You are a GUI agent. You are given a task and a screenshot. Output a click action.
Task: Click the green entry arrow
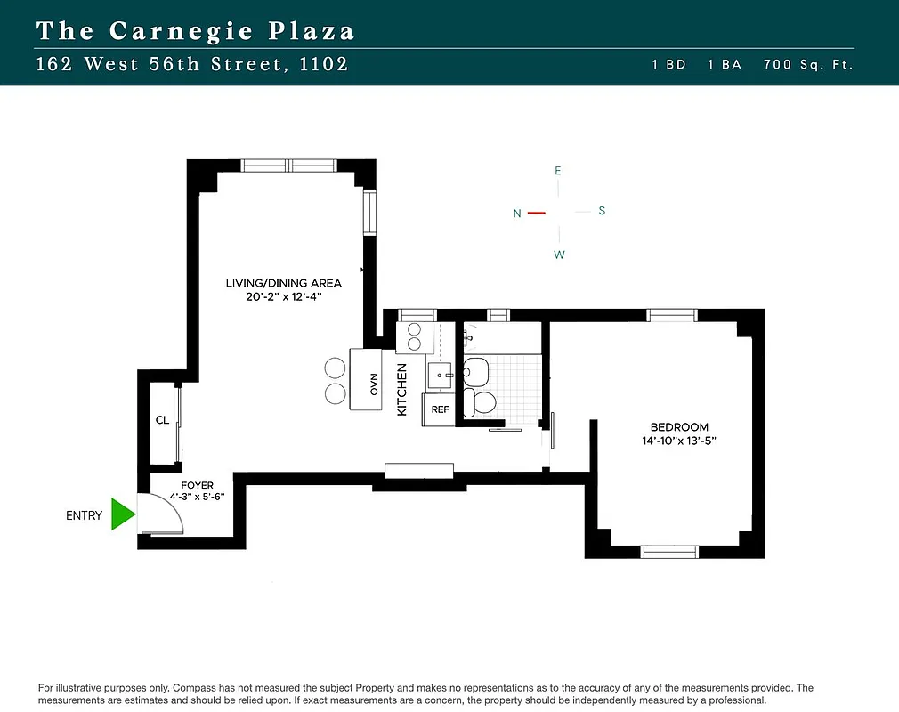(122, 514)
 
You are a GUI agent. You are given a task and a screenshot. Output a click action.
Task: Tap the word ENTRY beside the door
(85, 515)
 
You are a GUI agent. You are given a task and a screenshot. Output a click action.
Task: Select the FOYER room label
(197, 485)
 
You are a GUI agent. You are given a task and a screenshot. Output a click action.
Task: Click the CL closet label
(162, 420)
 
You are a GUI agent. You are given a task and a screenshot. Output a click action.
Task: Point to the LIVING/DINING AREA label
(283, 283)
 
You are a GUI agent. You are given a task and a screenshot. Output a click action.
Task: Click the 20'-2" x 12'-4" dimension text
(283, 297)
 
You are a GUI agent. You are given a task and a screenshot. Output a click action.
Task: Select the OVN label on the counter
(375, 384)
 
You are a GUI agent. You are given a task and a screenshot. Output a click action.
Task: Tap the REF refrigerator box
(440, 409)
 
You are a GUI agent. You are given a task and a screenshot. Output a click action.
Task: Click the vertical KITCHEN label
(401, 389)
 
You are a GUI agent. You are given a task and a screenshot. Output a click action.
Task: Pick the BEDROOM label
(678, 426)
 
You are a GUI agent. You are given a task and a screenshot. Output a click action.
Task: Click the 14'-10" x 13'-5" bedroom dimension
(678, 441)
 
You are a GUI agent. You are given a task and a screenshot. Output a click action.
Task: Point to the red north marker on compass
(536, 213)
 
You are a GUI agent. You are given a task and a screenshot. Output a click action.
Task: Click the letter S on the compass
(602, 211)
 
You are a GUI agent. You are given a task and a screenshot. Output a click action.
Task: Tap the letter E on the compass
(558, 170)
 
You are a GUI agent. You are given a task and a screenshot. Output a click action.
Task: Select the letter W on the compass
(559, 255)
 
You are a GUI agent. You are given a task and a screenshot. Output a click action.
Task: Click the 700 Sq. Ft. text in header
(808, 65)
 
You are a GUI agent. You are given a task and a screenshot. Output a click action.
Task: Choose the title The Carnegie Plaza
(196, 31)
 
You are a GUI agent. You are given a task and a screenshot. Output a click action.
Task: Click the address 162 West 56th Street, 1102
(192, 64)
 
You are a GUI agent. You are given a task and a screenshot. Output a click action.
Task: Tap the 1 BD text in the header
(669, 65)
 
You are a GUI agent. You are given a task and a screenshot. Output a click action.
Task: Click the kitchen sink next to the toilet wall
(441, 375)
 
